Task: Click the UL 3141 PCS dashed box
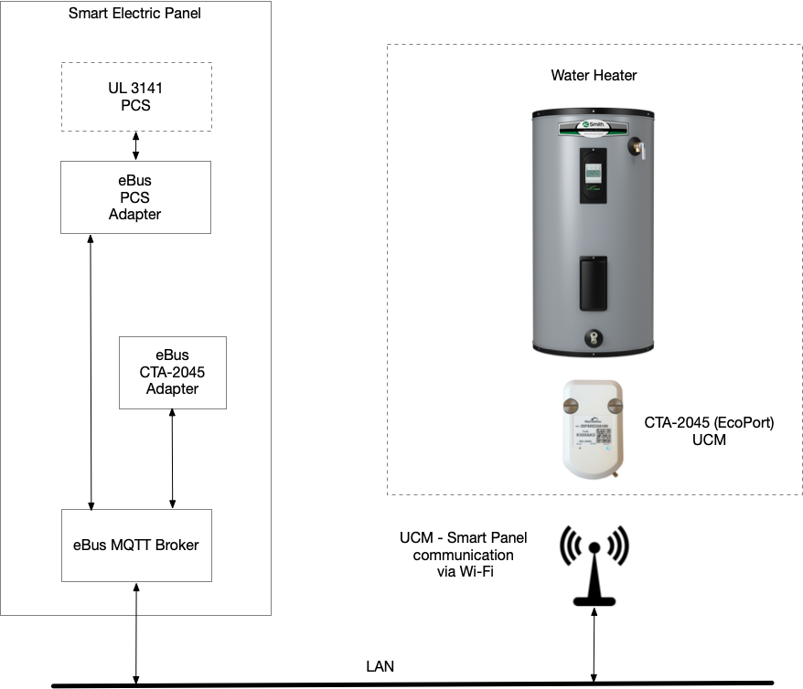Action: pyautogui.click(x=136, y=97)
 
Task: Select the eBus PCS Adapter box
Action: pyautogui.click(x=135, y=197)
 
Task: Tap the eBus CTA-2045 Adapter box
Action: pyautogui.click(x=172, y=372)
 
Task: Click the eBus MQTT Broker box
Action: pyautogui.click(x=136, y=545)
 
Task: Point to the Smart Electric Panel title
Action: pyautogui.click(x=134, y=14)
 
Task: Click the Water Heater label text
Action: pyautogui.click(x=594, y=75)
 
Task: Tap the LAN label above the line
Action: pyautogui.click(x=379, y=666)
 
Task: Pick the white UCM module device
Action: pyautogui.click(x=594, y=429)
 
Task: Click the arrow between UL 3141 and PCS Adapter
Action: pyautogui.click(x=136, y=146)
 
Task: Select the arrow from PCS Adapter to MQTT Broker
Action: pyautogui.click(x=91, y=370)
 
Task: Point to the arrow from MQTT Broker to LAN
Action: pyautogui.click(x=136, y=633)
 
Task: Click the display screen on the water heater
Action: pyautogui.click(x=594, y=171)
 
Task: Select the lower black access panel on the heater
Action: pyautogui.click(x=594, y=284)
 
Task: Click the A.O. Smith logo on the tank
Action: pyautogui.click(x=594, y=119)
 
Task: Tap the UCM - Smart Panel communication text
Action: pyautogui.click(x=463, y=554)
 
